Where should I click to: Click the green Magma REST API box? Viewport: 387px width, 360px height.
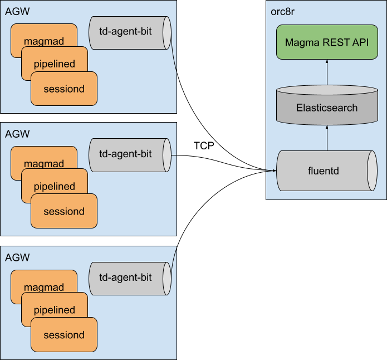tap(326, 42)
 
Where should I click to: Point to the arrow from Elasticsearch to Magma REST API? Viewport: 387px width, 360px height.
tap(327, 72)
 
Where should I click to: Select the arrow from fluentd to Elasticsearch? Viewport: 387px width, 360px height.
tap(327, 137)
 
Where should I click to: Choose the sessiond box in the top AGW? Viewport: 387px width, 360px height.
tap(64, 89)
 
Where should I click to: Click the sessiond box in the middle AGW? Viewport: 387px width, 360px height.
tap(64, 211)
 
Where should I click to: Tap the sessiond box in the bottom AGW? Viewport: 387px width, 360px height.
tap(64, 335)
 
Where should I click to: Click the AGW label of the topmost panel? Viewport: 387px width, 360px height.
tap(17, 12)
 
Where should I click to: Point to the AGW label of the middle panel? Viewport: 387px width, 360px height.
tap(17, 134)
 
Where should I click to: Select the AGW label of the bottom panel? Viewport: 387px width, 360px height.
tap(17, 257)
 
